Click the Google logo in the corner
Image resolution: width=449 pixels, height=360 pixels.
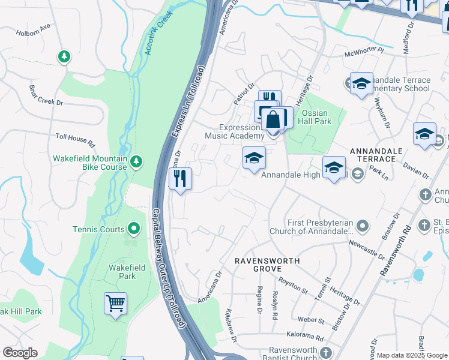coord(20,353)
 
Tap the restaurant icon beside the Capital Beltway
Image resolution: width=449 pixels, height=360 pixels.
coord(180,179)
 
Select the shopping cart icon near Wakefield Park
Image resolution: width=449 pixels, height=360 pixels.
coord(115,303)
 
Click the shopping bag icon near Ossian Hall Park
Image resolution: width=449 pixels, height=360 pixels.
coord(273,119)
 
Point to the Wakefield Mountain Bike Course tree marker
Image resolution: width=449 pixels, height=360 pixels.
coord(136,161)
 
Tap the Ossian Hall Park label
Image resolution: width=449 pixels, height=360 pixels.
coord(316,117)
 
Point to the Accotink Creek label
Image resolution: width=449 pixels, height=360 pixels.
coord(158,33)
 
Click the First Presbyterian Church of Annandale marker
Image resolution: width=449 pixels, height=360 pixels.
coord(362,226)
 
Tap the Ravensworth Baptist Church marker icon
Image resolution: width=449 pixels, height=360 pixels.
coord(326,352)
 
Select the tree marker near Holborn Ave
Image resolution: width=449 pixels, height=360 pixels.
coord(64,57)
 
